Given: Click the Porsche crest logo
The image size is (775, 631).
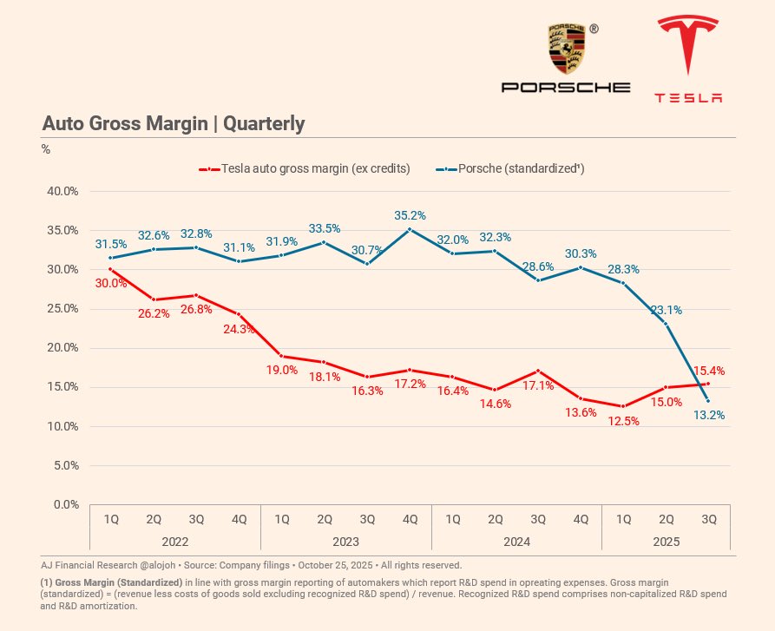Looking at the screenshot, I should (x=566, y=49).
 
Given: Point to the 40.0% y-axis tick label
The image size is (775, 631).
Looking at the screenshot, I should (x=63, y=191).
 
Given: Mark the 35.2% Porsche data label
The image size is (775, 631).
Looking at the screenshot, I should (x=409, y=215).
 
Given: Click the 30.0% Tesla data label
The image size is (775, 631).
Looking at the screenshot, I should (x=111, y=283).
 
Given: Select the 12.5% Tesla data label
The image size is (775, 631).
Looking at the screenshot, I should (x=623, y=421).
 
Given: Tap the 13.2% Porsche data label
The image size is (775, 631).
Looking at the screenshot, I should (x=708, y=415).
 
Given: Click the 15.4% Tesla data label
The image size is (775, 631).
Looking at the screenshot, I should (x=709, y=371).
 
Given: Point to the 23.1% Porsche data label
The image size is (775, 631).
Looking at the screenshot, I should (x=666, y=309).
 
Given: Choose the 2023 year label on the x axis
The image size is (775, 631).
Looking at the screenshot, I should (x=345, y=541).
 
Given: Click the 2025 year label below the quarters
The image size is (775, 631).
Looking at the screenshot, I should (x=666, y=541).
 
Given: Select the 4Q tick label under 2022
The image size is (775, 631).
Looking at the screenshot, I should (x=239, y=519).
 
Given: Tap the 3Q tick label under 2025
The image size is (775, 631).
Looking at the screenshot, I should (x=708, y=519).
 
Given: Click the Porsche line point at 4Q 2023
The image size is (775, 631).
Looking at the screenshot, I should (x=410, y=230).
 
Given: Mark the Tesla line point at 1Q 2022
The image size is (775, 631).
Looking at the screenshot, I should (x=111, y=269).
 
